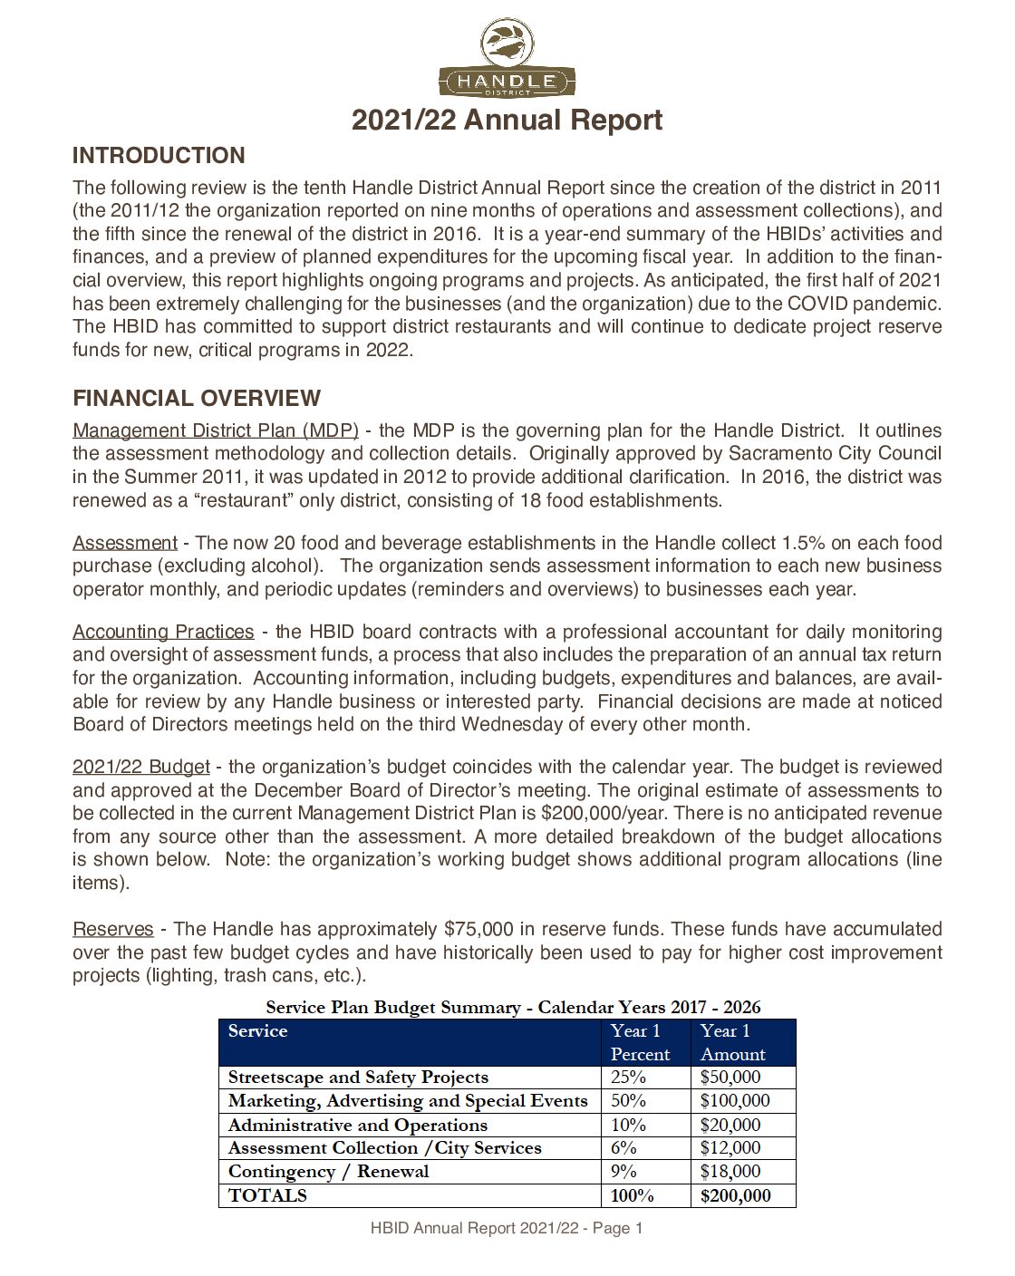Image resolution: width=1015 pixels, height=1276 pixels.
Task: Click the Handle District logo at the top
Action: (x=507, y=58)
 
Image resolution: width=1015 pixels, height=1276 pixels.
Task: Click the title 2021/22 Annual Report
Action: (x=507, y=121)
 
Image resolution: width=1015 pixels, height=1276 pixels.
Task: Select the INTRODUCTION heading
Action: (x=159, y=156)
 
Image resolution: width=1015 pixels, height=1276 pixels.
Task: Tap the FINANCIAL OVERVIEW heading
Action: (x=197, y=399)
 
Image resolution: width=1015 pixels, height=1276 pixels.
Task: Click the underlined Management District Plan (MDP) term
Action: (x=216, y=430)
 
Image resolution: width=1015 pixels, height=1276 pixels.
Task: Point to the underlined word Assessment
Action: (x=125, y=543)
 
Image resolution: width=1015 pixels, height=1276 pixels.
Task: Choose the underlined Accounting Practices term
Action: (x=163, y=632)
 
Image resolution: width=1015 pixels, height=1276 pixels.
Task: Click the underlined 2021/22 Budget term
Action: (x=141, y=767)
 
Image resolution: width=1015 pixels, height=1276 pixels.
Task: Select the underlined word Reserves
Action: (x=113, y=929)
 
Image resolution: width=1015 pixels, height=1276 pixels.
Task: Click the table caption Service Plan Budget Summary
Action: (x=513, y=1007)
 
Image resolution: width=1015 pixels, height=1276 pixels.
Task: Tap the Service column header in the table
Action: (x=257, y=1031)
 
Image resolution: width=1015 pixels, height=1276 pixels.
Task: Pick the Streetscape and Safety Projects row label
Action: (x=358, y=1078)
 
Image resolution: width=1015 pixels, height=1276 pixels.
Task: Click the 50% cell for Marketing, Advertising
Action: (x=628, y=1101)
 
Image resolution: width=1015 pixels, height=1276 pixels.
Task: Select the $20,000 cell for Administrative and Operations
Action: (x=730, y=1125)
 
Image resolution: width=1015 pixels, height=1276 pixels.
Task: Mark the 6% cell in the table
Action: (x=623, y=1147)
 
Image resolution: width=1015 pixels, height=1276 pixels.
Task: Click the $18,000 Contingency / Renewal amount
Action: (x=730, y=1171)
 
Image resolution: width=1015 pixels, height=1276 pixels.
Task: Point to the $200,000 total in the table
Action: (x=736, y=1195)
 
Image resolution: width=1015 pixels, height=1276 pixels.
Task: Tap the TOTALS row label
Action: (x=267, y=1195)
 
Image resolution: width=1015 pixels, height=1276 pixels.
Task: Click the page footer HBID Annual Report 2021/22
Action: (x=507, y=1229)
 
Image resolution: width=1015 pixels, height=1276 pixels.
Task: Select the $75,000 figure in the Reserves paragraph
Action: (x=478, y=929)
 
